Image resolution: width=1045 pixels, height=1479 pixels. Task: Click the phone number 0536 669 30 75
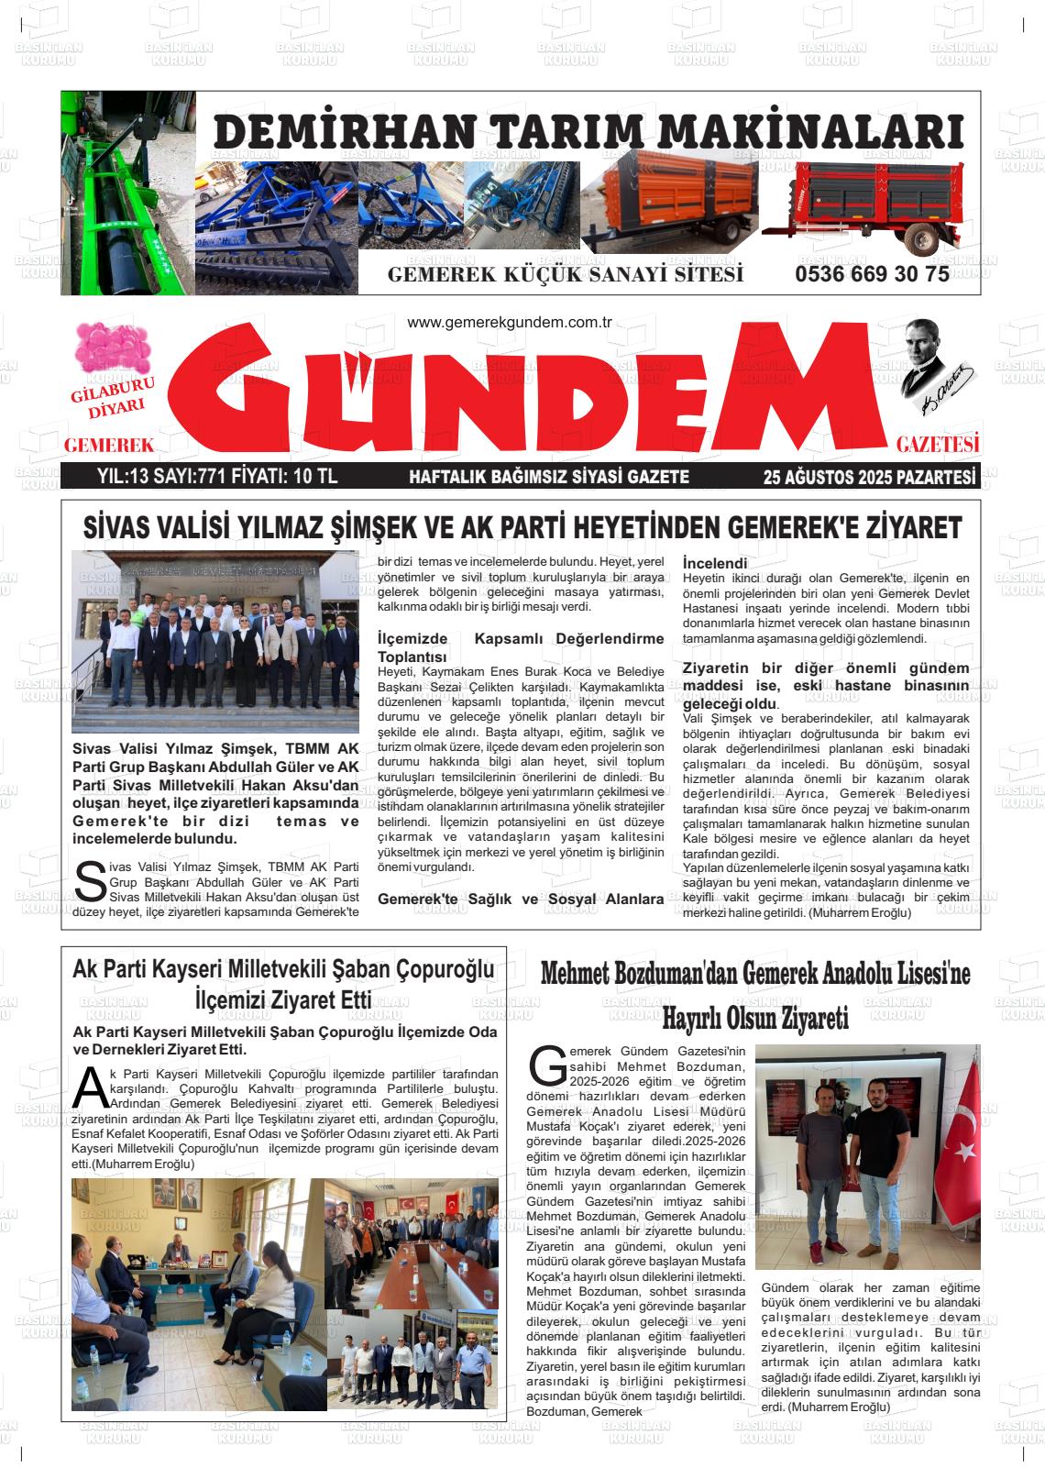(872, 274)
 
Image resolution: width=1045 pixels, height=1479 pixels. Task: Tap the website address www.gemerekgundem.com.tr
(509, 323)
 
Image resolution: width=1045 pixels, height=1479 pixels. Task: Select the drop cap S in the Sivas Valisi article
(90, 883)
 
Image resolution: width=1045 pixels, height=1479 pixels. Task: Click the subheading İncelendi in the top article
(715, 563)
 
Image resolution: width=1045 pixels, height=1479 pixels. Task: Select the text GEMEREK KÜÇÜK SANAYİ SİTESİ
(565, 275)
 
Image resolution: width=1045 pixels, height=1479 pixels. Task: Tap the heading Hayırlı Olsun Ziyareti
(754, 1017)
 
